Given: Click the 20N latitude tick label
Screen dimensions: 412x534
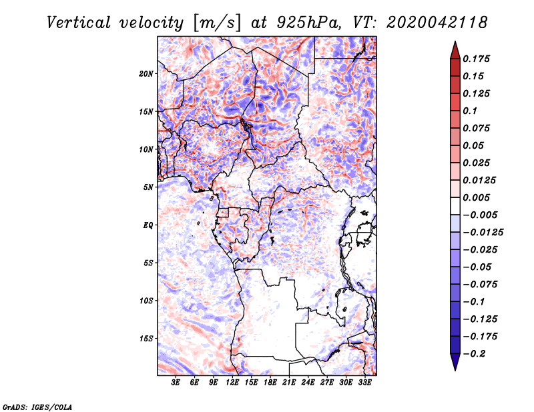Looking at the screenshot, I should tap(146, 73).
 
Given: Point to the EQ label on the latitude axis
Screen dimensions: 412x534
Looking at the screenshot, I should tap(148, 225).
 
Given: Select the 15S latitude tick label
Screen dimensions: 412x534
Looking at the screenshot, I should tap(146, 338).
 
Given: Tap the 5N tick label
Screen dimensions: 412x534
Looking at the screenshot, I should tap(148, 187).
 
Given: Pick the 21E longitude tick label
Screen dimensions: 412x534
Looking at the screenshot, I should tap(289, 383).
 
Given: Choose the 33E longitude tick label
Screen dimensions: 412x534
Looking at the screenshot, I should tap(364, 383).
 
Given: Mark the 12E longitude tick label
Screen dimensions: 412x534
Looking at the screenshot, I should tap(232, 383).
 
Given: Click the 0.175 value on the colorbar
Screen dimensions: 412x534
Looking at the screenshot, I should tap(478, 59).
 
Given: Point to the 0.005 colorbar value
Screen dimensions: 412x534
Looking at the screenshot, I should tap(478, 197).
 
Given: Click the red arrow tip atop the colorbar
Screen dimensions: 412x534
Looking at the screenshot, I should tap(455, 47).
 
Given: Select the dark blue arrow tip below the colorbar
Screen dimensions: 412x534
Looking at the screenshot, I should tap(455, 364).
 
